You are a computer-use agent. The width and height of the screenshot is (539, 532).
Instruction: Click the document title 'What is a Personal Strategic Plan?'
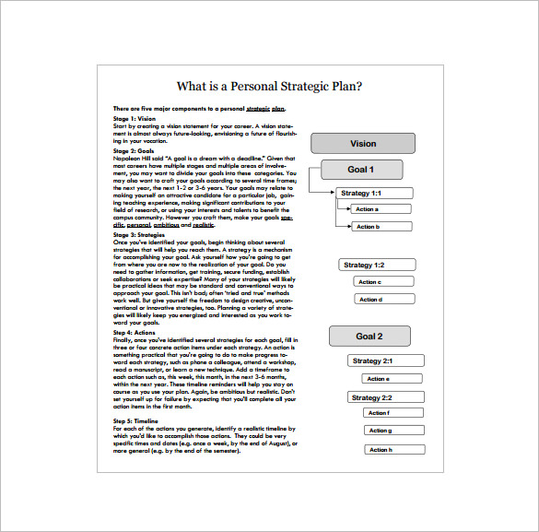[269, 87]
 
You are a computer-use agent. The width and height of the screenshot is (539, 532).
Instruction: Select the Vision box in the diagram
[363, 143]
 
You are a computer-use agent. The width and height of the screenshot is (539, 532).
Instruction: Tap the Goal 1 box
[360, 170]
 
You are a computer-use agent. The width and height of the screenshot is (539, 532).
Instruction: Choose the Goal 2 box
[369, 337]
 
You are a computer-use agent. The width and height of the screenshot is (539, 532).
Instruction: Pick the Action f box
[396, 413]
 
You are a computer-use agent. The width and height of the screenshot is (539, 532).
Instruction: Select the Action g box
[396, 431]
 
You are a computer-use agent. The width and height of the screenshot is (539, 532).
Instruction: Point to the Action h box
[396, 450]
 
